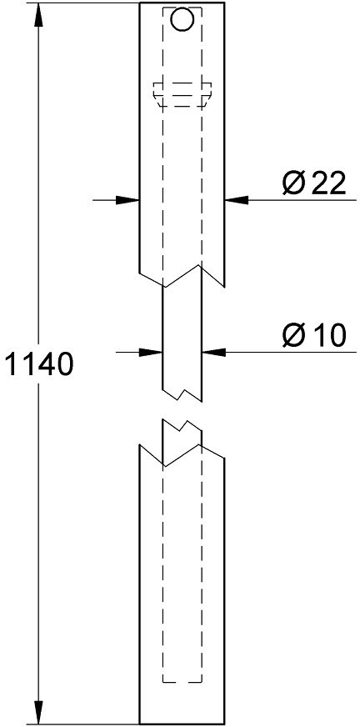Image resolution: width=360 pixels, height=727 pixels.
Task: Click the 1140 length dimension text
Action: pos(39,364)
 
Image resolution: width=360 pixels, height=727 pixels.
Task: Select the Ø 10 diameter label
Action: pos(314,335)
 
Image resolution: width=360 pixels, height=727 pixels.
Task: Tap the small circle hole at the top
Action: pos(182,19)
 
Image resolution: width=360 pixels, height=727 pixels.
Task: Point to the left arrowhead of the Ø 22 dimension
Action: pos(127,200)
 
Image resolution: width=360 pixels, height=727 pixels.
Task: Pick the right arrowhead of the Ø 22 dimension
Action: pos(237,200)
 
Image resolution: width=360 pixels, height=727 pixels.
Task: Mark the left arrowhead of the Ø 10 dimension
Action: pos(151,353)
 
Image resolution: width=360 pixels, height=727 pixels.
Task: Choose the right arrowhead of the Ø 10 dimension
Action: pos(213,353)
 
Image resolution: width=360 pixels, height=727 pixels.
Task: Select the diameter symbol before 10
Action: pos(293,335)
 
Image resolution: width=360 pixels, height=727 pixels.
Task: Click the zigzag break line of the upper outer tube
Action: pos(182,276)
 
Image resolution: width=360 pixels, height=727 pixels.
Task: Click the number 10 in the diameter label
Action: pos(328,335)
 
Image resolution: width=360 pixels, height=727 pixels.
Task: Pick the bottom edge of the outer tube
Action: pos(182,724)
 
